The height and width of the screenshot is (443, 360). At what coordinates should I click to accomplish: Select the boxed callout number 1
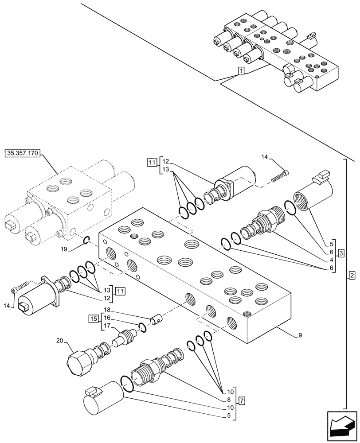pyautogui.click(x=240, y=71)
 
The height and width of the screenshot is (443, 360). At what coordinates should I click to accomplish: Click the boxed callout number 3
pyautogui.click(x=341, y=253)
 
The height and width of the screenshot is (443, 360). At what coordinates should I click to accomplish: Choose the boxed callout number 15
pyautogui.click(x=93, y=319)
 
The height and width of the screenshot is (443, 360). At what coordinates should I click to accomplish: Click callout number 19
pyautogui.click(x=64, y=249)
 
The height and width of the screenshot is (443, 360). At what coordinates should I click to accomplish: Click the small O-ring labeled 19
pyautogui.click(x=87, y=240)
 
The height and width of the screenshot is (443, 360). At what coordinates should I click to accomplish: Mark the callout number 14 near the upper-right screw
pyautogui.click(x=265, y=157)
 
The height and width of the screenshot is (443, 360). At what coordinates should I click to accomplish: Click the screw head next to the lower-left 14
pyautogui.click(x=14, y=291)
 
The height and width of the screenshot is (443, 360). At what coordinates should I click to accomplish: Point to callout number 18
pyautogui.click(x=106, y=310)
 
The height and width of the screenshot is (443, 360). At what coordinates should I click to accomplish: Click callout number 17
pyautogui.click(x=106, y=326)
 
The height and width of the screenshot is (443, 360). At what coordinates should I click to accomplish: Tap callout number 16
pyautogui.click(x=106, y=318)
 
